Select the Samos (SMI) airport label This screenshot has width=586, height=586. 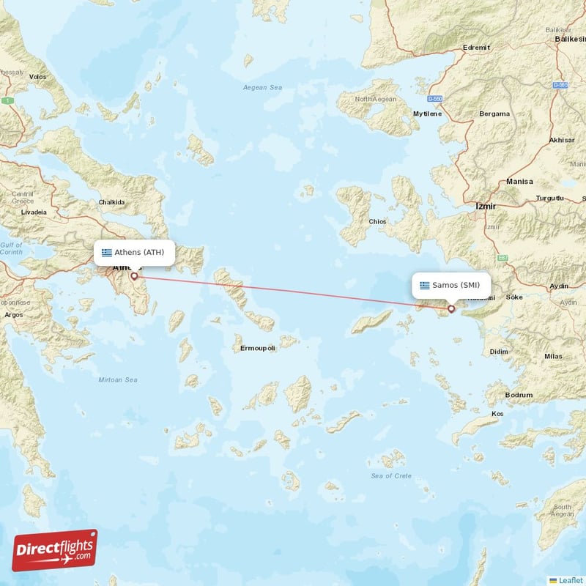(x=451, y=285)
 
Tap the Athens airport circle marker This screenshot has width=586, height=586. (x=134, y=276)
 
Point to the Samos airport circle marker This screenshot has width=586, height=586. (x=451, y=308)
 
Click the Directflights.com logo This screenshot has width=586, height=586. (x=55, y=550)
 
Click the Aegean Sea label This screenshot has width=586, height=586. (x=262, y=88)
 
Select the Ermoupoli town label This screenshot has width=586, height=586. (x=258, y=348)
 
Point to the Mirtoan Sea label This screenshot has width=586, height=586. (x=118, y=379)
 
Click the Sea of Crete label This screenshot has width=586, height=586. (x=391, y=476)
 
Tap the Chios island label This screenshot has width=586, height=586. (x=377, y=221)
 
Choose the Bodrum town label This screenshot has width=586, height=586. (x=519, y=396)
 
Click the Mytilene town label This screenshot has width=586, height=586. (x=428, y=114)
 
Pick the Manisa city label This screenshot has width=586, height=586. (x=519, y=181)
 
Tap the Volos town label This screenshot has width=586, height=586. (x=37, y=76)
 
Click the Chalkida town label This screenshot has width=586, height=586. (x=111, y=201)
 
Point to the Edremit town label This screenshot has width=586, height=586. (x=476, y=48)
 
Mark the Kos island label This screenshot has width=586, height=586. (x=497, y=414)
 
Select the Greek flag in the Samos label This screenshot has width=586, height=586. (x=426, y=285)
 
